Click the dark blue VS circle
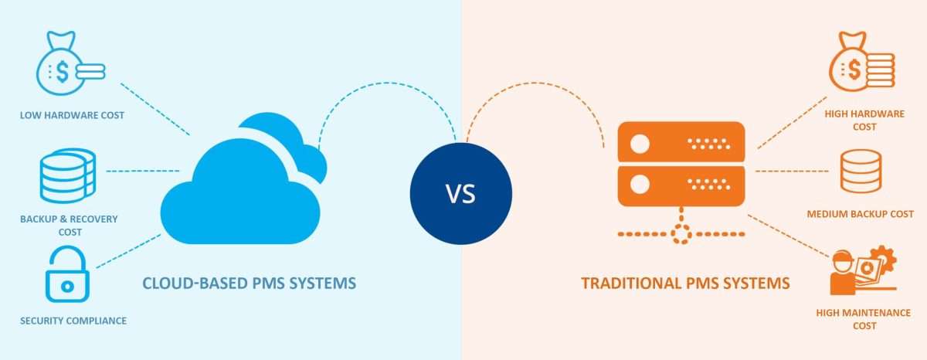point(461,194)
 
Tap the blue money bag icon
point(71,63)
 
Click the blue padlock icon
point(67,274)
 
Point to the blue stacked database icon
point(68,175)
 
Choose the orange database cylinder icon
point(861,172)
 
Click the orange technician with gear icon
point(864,270)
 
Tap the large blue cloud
point(244,178)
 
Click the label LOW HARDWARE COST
point(72,115)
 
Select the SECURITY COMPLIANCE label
point(73,321)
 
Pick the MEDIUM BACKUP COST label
point(860,214)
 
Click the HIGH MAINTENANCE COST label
point(864,319)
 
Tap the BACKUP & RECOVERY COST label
point(69,225)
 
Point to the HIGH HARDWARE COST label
point(864,120)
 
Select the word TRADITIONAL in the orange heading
point(630,284)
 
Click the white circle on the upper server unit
point(640,144)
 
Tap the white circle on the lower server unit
point(640,185)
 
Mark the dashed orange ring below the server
point(681,234)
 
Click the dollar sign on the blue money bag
point(63,72)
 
